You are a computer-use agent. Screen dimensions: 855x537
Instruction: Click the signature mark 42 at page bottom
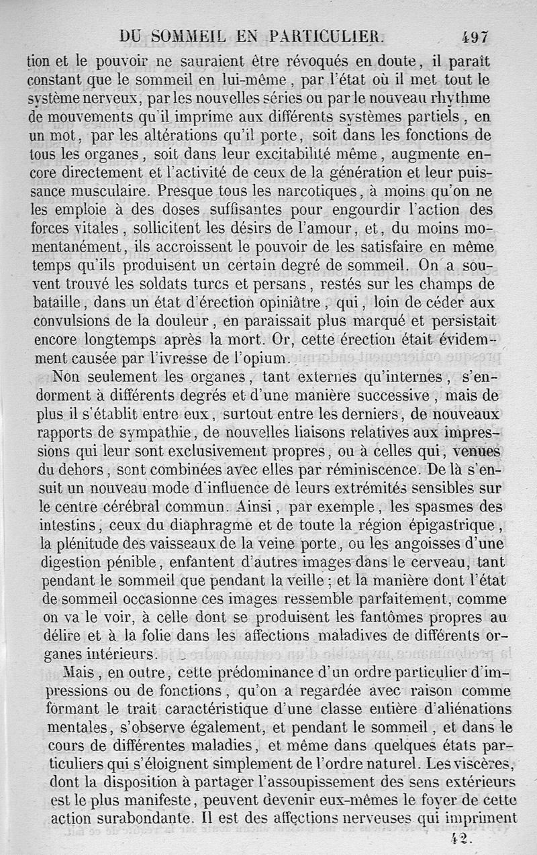tap(462, 837)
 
